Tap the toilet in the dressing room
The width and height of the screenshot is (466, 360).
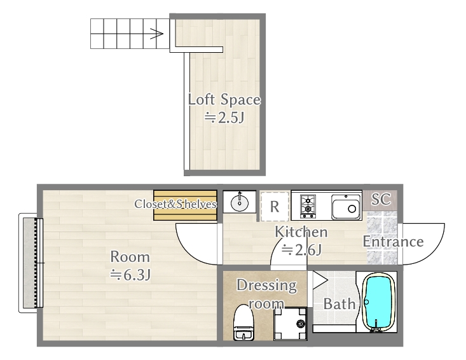point(243,323)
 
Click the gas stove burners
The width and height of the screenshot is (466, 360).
point(308,205)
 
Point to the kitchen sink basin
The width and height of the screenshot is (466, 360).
point(346,207)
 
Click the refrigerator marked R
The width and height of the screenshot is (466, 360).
point(275,206)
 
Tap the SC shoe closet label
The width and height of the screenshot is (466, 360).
point(381,199)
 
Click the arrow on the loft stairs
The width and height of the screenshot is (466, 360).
point(156,33)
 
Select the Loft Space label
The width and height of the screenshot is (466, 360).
point(224,100)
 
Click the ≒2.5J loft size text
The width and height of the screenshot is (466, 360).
point(224,118)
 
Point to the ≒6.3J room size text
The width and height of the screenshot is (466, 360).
point(130,275)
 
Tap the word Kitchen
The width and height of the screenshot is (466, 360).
point(301,232)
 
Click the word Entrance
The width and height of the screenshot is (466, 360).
point(393,242)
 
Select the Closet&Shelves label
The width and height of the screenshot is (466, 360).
point(175,204)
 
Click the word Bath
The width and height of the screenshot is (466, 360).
point(339,304)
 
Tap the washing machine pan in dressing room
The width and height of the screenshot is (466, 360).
point(290,324)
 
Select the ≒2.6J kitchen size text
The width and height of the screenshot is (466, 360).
point(301,250)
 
